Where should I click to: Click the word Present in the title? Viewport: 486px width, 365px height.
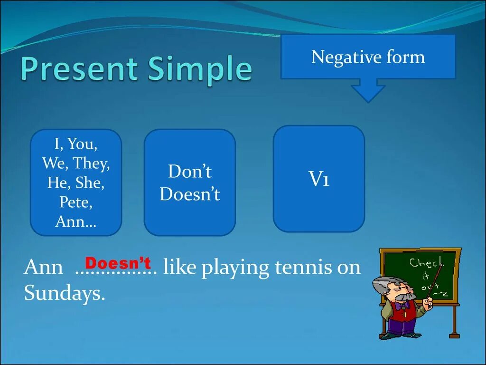tap(79, 68)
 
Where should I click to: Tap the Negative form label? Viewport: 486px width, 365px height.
tap(368, 57)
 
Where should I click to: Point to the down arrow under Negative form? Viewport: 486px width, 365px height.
tap(368, 90)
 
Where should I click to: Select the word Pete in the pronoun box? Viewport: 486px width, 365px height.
tap(75, 202)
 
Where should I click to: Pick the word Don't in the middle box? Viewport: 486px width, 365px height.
tap(190, 171)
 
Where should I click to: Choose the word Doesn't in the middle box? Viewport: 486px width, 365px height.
tap(190, 194)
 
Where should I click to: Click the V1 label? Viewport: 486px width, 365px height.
tap(319, 179)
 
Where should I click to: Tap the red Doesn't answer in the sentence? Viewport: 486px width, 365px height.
tap(118, 263)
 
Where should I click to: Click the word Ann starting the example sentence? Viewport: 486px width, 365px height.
tap(43, 267)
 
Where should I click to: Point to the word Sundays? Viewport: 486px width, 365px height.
tap(65, 292)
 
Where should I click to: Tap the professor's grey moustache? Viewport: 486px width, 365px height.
tap(406, 297)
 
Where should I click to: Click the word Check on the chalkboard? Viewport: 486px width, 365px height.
tap(427, 263)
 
